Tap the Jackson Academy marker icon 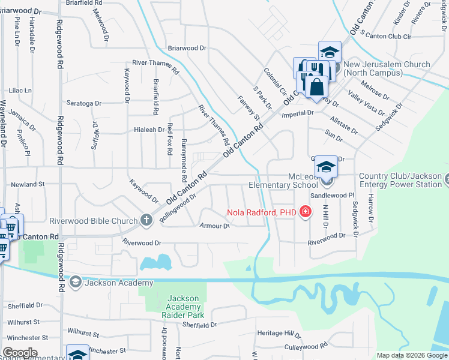76,282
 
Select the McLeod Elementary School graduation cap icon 326,167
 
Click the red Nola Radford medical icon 306,211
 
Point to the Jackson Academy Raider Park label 182,307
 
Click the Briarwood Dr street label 187,48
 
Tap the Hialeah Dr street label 149,130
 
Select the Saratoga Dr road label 84,103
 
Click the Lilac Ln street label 20,90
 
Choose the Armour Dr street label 214,226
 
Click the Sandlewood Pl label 333,196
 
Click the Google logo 20,353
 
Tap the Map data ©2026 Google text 412,355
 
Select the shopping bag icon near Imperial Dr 316,88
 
